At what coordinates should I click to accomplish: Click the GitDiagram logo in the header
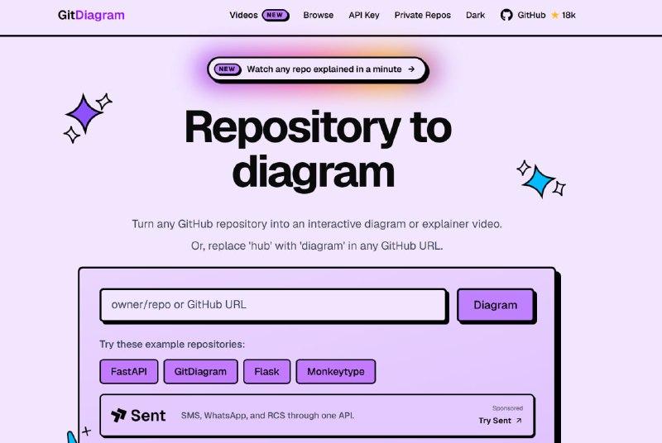[91, 15]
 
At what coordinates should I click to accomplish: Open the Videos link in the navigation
[243, 15]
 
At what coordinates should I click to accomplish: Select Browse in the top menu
[319, 15]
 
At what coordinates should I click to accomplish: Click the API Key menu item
[364, 15]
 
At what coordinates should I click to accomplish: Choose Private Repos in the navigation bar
[423, 15]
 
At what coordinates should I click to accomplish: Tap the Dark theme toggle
[475, 15]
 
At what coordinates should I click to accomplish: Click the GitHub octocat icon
[506, 15]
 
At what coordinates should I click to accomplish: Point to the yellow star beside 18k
[554, 15]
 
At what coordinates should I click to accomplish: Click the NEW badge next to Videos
[276, 15]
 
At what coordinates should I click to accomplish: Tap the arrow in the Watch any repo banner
[411, 69]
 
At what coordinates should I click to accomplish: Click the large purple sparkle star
[84, 113]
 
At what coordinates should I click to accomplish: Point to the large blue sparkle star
[539, 181]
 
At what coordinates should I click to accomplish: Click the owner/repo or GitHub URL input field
[273, 305]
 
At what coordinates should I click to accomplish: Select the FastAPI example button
[129, 371]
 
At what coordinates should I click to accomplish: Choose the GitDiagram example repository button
[200, 371]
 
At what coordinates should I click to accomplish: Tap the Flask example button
[266, 371]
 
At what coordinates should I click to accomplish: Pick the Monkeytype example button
[336, 371]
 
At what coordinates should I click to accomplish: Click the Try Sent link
[501, 421]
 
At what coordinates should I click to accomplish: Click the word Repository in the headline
[293, 128]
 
